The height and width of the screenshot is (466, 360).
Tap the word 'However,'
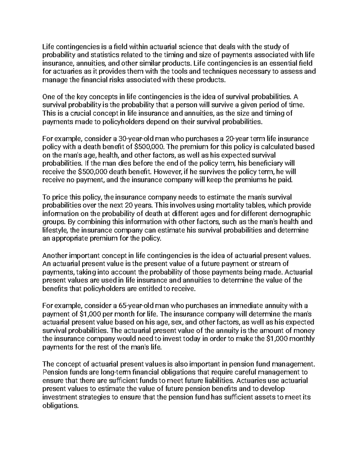tap(168, 172)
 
